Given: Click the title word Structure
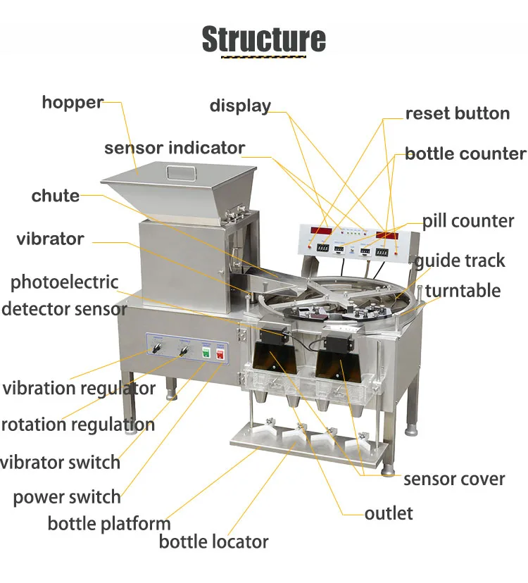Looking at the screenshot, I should click(x=264, y=39).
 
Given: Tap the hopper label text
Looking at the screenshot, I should click(x=73, y=102).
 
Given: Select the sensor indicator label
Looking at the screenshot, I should click(x=174, y=148).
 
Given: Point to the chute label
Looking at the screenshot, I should click(x=56, y=195).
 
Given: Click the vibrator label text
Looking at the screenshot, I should click(x=50, y=239).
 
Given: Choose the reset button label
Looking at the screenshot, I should click(x=457, y=113).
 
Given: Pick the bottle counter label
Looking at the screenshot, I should click(x=465, y=153).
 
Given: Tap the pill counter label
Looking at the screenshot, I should click(x=468, y=221).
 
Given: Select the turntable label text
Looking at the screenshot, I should click(x=463, y=291).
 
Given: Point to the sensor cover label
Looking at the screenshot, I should click(x=454, y=479).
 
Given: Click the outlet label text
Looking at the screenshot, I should click(x=389, y=513).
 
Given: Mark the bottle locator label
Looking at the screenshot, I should click(x=213, y=541).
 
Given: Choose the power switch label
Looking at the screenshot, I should click(x=67, y=497).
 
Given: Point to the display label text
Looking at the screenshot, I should click(x=240, y=106).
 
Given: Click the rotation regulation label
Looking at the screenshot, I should click(x=77, y=425).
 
